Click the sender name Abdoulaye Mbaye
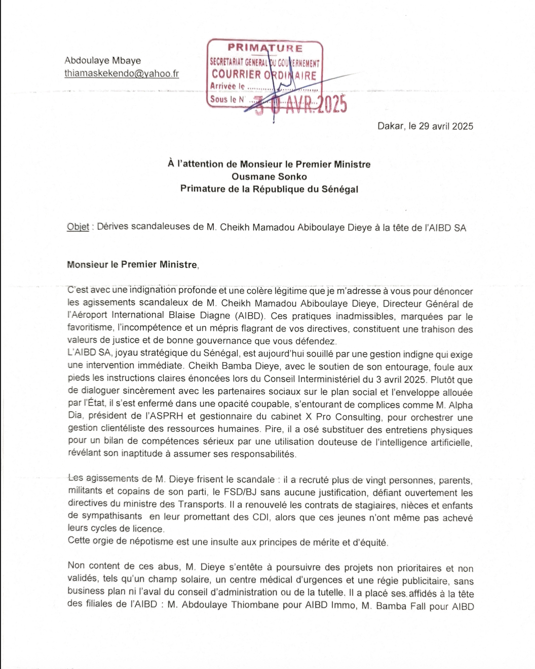point(102,61)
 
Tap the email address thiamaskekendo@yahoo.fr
point(122,73)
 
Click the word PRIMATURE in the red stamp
point(265,48)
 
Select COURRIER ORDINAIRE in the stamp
point(264,75)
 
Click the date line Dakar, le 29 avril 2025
point(425,126)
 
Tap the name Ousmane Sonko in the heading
point(269,177)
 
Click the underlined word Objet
point(78,227)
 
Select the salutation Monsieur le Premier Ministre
point(132,265)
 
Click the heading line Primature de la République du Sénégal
point(269,189)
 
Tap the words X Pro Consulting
point(344,417)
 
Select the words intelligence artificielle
point(421,442)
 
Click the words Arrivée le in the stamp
point(227,87)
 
